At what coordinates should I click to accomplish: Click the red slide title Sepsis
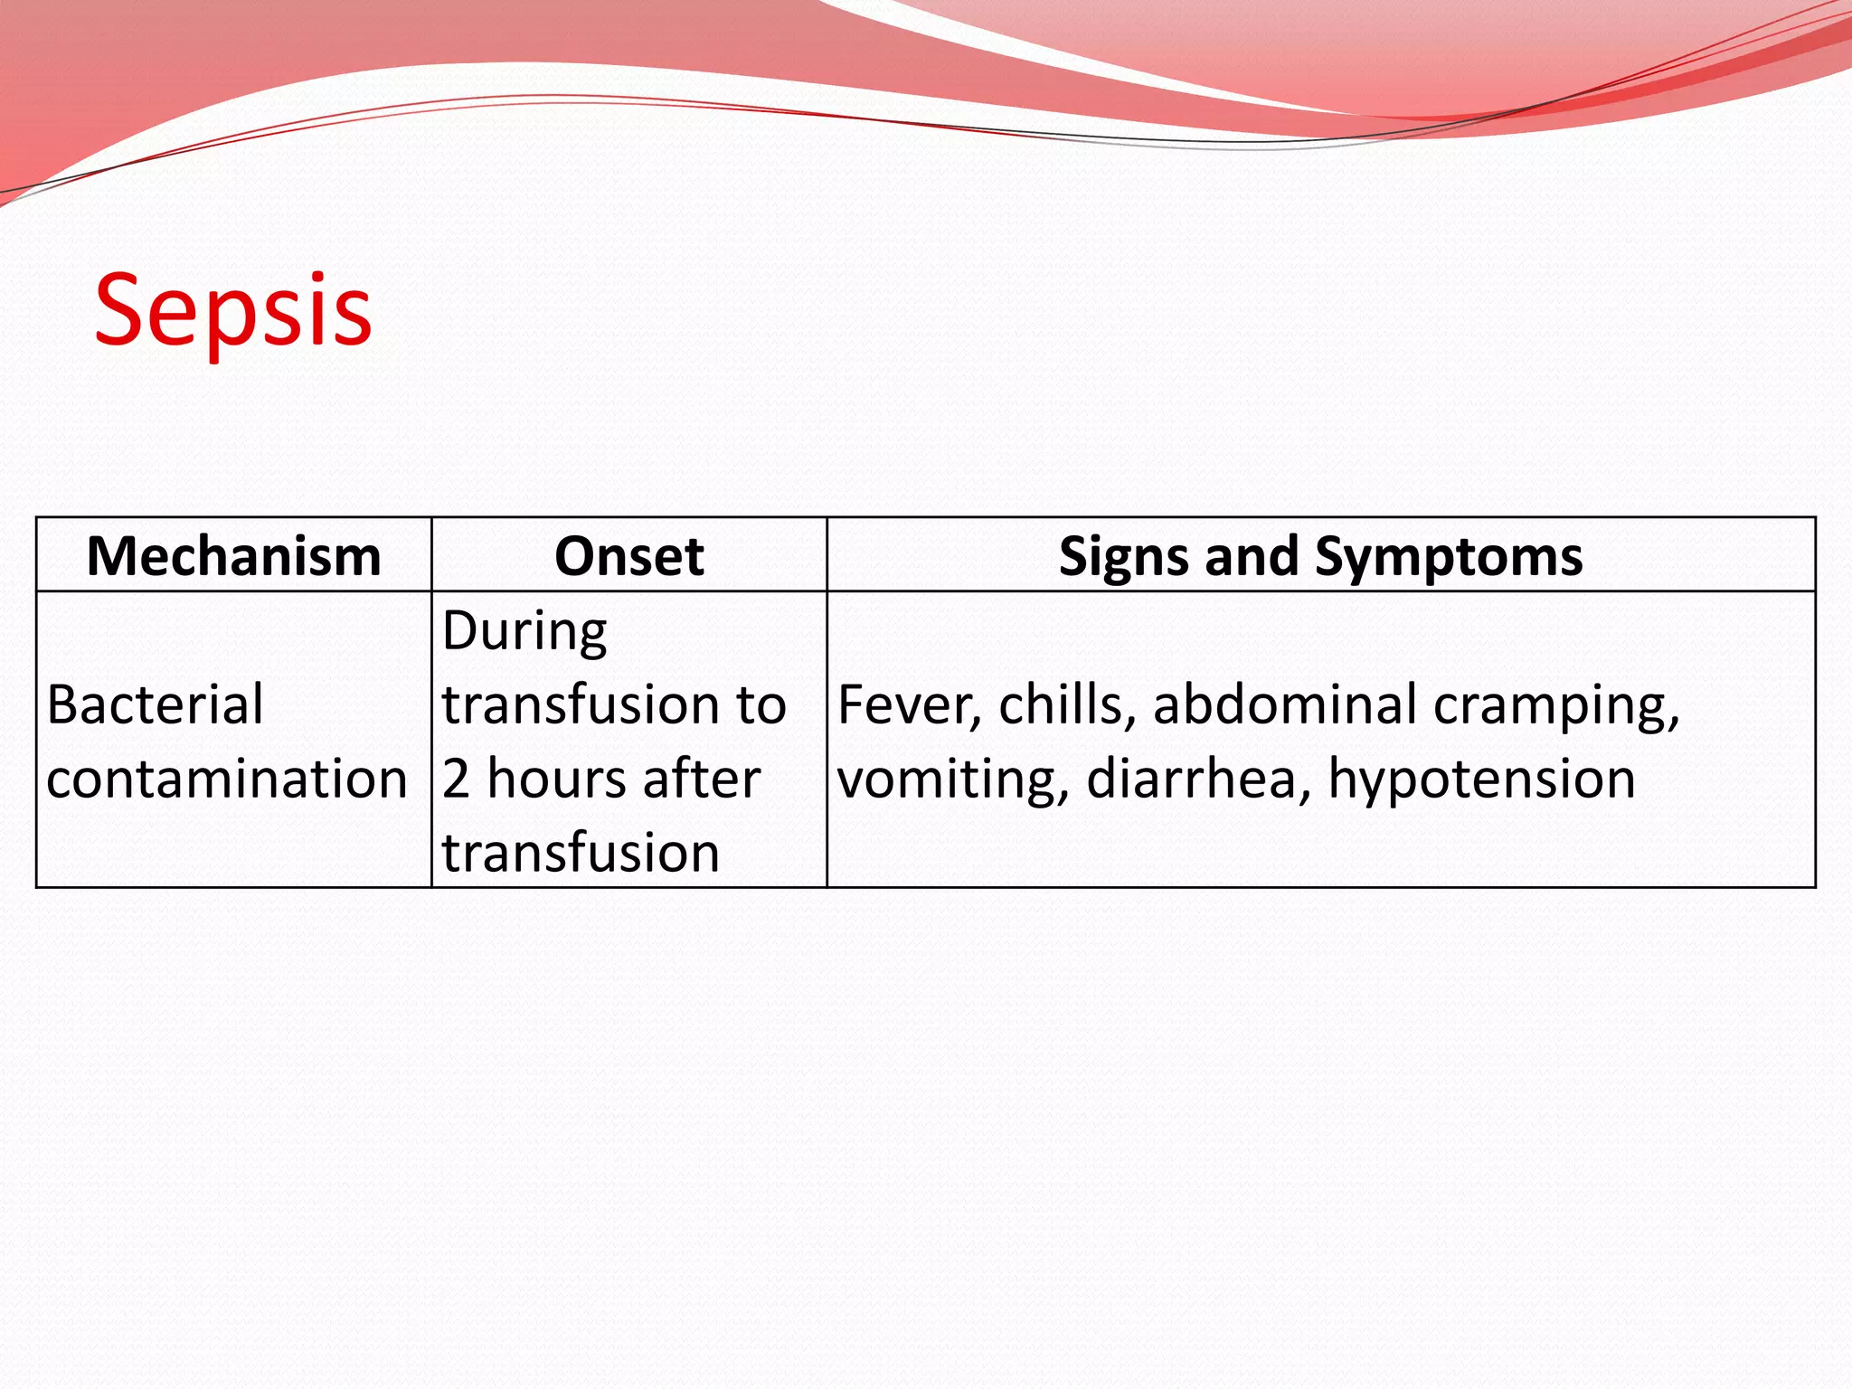point(233,310)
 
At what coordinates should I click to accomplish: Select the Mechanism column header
point(233,555)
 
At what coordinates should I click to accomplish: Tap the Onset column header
point(628,555)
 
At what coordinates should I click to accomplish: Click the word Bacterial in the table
point(155,704)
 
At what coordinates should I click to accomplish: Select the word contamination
point(226,779)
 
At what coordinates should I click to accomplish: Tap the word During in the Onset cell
point(524,631)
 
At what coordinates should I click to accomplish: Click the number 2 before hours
point(456,779)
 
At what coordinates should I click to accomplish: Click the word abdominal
point(1285,704)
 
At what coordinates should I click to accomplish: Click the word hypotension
point(1481,780)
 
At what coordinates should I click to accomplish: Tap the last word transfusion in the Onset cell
point(581,853)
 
